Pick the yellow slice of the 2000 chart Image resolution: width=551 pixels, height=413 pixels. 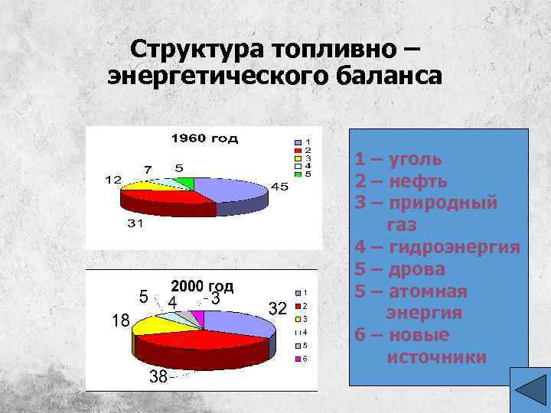[155, 326]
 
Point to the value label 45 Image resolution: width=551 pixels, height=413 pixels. [280, 187]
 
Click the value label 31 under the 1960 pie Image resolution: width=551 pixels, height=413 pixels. [135, 224]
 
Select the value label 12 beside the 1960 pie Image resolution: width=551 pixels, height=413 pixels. [112, 180]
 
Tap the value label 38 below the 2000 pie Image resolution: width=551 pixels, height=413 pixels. [158, 376]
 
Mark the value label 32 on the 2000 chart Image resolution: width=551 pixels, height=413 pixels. [277, 308]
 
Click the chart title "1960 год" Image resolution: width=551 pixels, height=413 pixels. [204, 138]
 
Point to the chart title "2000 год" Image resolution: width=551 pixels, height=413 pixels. [202, 286]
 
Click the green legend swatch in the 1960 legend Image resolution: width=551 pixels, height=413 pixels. [299, 174]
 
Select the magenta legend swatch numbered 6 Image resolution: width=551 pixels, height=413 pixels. [298, 358]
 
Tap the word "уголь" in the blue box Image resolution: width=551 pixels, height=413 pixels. [416, 159]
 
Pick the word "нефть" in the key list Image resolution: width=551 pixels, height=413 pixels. [418, 181]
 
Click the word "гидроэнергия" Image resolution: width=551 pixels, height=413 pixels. [455, 247]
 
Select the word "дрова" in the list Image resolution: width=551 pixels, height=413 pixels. [417, 269]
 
